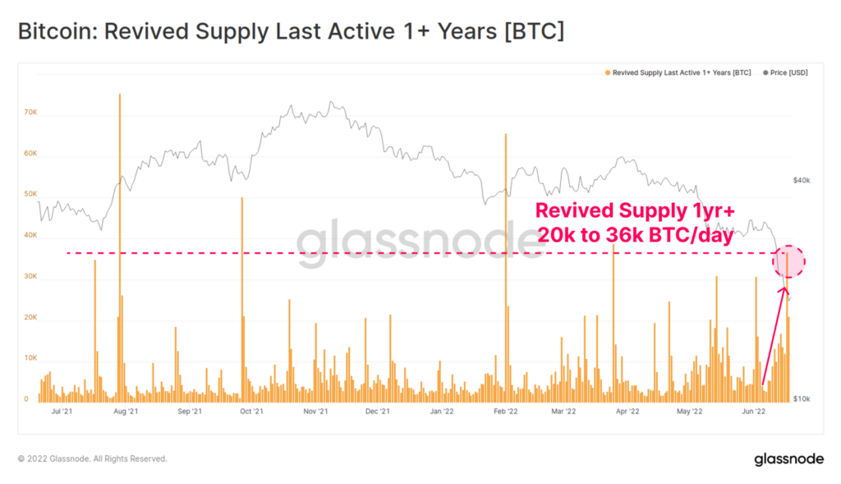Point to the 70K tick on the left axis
[x=31, y=113]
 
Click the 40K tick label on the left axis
[x=31, y=236]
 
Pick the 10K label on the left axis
[x=31, y=359]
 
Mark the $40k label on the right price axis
[x=802, y=180]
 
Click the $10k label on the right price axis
[x=802, y=399]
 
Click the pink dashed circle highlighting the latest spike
[x=788, y=261]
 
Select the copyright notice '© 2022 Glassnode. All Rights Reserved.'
[x=92, y=459]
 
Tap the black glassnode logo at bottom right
[x=788, y=459]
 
